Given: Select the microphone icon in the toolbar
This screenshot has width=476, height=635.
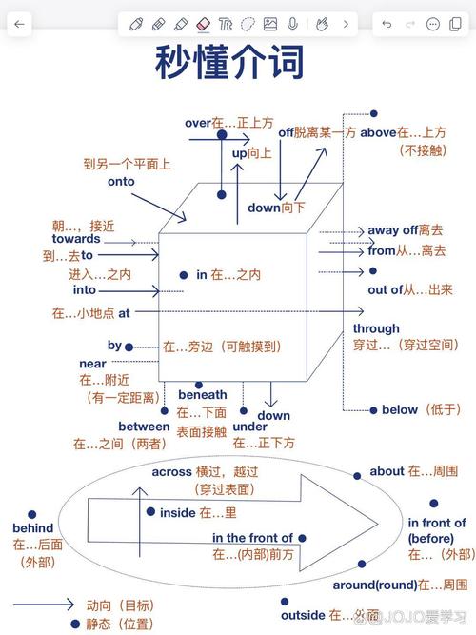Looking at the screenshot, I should [293, 24].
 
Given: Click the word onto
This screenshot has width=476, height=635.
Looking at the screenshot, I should [121, 181].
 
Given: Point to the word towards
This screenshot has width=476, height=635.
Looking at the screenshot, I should [76, 239].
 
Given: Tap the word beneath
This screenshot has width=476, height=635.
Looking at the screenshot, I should [202, 394].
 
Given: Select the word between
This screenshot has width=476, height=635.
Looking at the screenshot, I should [144, 426].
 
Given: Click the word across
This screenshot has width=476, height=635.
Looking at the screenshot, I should [171, 471].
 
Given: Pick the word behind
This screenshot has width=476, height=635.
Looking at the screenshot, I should [32, 527].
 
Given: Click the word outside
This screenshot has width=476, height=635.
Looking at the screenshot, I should [303, 614].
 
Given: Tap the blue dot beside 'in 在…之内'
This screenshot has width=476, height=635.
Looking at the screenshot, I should [184, 274].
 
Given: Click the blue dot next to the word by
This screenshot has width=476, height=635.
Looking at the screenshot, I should [129, 347].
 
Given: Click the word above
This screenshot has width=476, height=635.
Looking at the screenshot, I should [377, 132].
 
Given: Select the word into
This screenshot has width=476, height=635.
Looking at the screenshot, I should [84, 290].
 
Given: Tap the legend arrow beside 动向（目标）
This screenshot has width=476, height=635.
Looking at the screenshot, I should [43, 605].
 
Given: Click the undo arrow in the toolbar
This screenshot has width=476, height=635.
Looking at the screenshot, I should [387, 24].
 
